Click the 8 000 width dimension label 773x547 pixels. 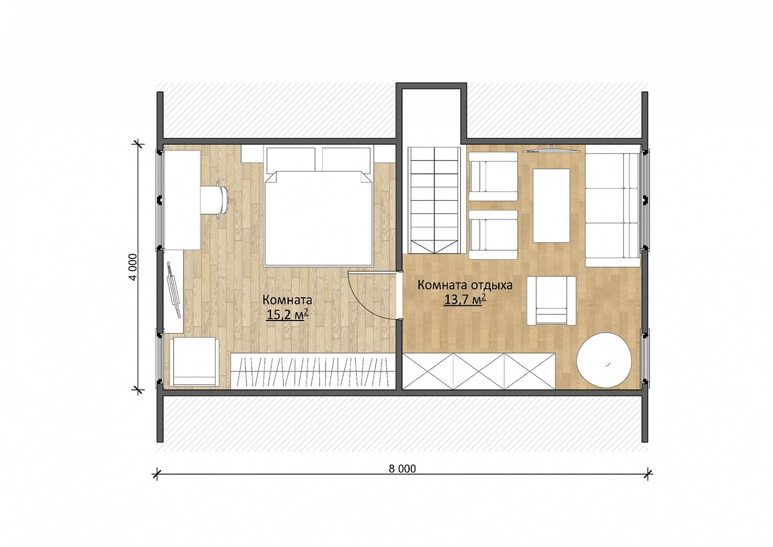tap(402, 469)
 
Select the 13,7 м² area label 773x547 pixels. tap(465, 300)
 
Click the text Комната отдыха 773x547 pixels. tap(465, 286)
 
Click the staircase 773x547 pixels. tap(434, 201)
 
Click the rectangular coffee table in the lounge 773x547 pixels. tap(551, 206)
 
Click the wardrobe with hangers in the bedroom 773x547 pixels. tap(313, 371)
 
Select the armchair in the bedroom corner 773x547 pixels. tap(194, 362)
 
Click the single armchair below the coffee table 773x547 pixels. tap(551, 301)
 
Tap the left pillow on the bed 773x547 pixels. tap(290, 159)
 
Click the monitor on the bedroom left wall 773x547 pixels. tap(174, 290)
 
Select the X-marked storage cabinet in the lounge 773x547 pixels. tap(479, 371)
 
